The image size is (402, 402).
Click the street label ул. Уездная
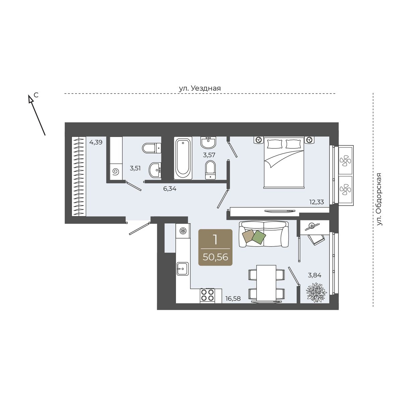point(200,88)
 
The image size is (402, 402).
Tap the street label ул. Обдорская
point(379,199)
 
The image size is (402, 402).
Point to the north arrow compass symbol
point(37,115)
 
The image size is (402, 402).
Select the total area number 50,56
point(215,257)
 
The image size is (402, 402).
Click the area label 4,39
point(96,142)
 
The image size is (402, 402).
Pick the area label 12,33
point(317,202)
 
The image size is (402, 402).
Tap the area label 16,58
point(233,299)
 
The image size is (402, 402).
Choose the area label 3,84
point(315,275)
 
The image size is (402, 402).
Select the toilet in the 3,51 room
point(152,148)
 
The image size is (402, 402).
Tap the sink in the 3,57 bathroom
point(208,142)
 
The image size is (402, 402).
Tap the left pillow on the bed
point(274,144)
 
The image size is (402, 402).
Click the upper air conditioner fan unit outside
point(345,160)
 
